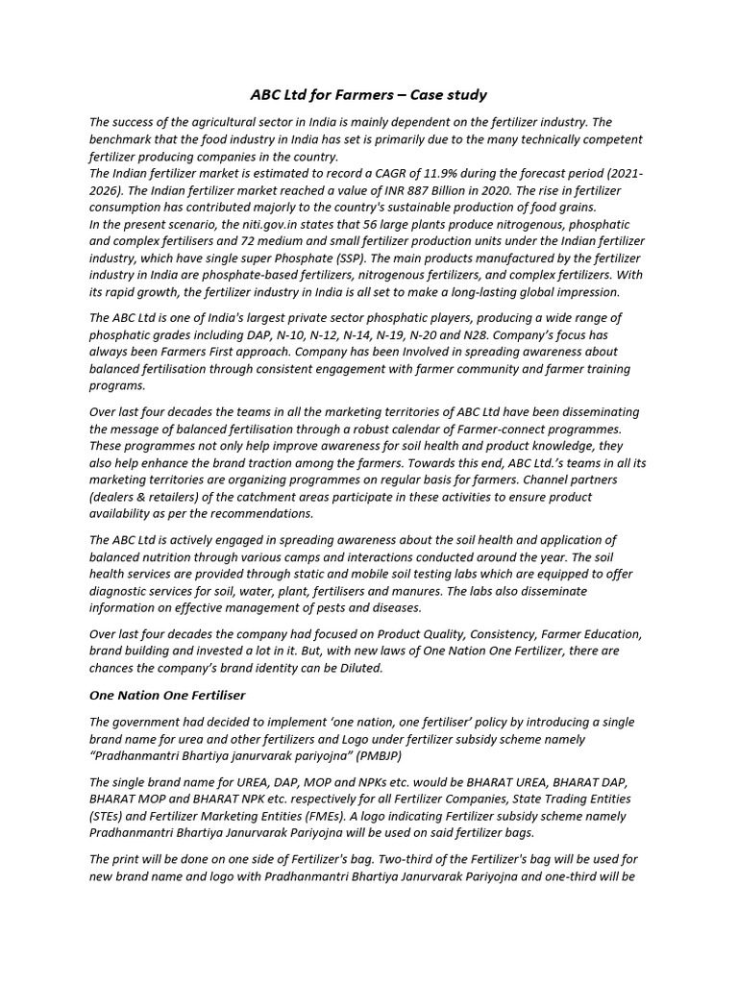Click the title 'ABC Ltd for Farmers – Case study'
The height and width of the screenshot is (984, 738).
368,94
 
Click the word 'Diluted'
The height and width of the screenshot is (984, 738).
358,668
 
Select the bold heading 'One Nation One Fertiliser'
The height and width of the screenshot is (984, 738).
167,695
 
